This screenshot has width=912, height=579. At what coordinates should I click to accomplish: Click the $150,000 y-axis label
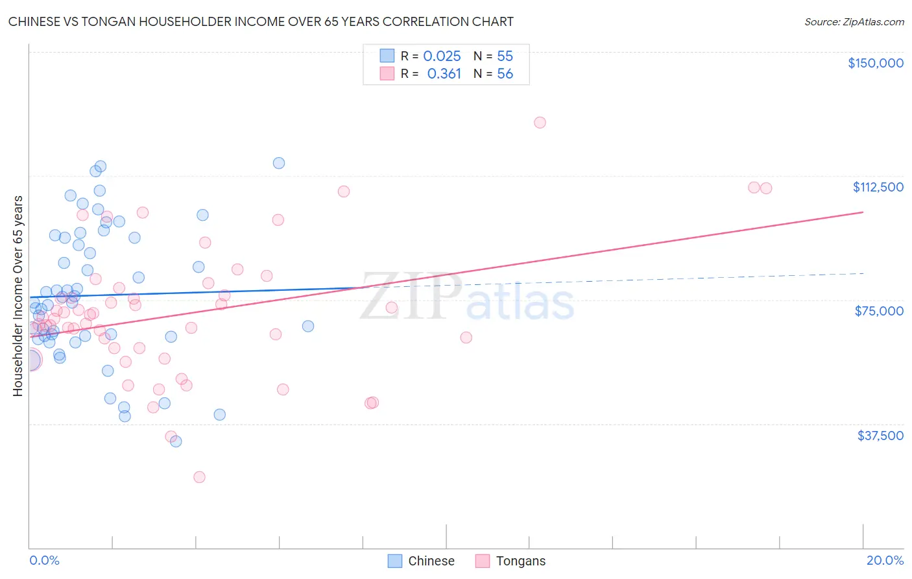pos(875,63)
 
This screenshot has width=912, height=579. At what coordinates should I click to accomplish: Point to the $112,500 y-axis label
pos(878,187)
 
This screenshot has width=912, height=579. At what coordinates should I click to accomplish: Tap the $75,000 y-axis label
pos(879,311)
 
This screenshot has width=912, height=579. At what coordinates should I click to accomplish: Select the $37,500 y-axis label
pos(880,436)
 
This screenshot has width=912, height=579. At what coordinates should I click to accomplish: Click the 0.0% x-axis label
pos(44,560)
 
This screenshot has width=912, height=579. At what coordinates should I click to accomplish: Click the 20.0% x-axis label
pos(885,560)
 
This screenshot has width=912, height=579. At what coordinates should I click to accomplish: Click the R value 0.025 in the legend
pos(442,56)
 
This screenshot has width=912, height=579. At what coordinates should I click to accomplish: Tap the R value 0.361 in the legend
pos(444,74)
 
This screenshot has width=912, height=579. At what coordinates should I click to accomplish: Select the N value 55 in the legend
pos(505,56)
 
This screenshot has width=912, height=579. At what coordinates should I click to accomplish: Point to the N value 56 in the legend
pos(505,74)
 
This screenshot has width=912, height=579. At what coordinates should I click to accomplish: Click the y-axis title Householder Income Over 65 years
pos(18,296)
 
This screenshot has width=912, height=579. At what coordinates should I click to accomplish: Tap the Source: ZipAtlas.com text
pos(854,22)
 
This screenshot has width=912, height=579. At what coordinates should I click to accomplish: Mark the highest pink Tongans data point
pos(540,123)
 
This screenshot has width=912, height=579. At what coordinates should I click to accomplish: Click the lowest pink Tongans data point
pos(199,477)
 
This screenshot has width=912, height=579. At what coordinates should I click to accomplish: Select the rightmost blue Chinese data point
pos(308,326)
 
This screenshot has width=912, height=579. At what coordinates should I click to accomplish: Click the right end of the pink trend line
pos(863,212)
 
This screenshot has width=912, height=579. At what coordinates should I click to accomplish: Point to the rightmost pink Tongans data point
pos(766,188)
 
